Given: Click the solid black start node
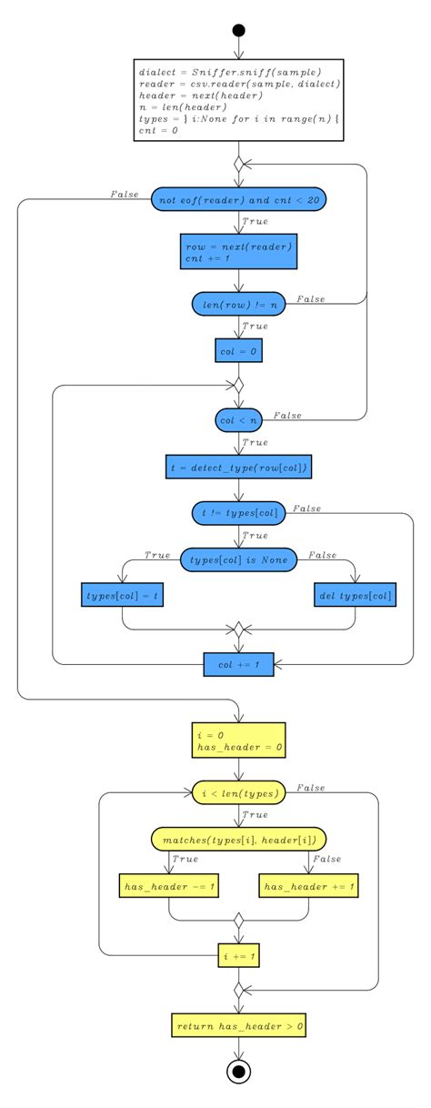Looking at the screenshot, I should (238, 30).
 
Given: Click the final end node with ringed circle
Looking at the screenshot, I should (238, 1072).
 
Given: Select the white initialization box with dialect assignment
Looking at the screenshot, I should (238, 100).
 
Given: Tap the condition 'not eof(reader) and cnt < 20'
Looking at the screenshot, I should (238, 199).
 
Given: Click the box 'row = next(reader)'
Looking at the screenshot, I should (238, 252).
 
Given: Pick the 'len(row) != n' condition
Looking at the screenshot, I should (238, 304).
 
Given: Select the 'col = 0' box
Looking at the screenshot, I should (238, 348).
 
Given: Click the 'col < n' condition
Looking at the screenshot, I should (238, 419).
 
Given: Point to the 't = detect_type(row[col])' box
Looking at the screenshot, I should (238, 468).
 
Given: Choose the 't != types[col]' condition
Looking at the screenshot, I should (238, 514).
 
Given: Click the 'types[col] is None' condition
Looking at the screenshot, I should (238, 559).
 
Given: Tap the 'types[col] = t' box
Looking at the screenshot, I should (121, 595).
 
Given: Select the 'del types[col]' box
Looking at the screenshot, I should (356, 595).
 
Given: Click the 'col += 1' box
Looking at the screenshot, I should (238, 665).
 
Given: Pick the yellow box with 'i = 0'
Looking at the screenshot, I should (238, 740).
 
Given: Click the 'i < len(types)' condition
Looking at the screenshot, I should (238, 793).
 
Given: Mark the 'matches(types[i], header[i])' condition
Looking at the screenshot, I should (238, 839).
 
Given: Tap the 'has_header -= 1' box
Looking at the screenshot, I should (168, 884).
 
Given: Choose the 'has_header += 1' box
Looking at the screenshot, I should (309, 884).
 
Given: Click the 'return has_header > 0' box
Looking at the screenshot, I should (238, 1025).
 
